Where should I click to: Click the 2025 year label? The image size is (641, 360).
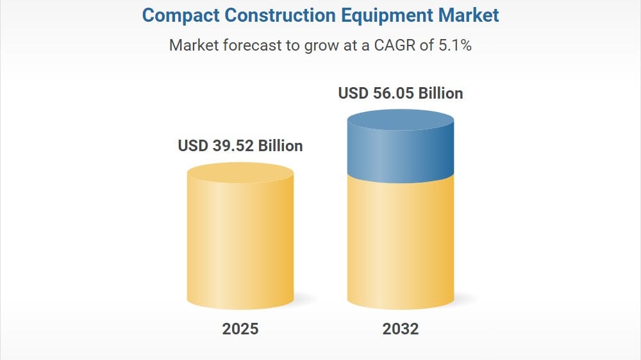(x=240, y=329)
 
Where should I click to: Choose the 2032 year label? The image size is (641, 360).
(x=401, y=329)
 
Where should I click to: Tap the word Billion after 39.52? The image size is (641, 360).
(x=280, y=146)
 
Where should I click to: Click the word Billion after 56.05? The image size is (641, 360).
(x=440, y=94)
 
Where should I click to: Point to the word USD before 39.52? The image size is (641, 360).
(x=193, y=146)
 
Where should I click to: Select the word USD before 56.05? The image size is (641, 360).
(x=353, y=94)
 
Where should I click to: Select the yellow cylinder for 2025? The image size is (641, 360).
(x=240, y=243)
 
